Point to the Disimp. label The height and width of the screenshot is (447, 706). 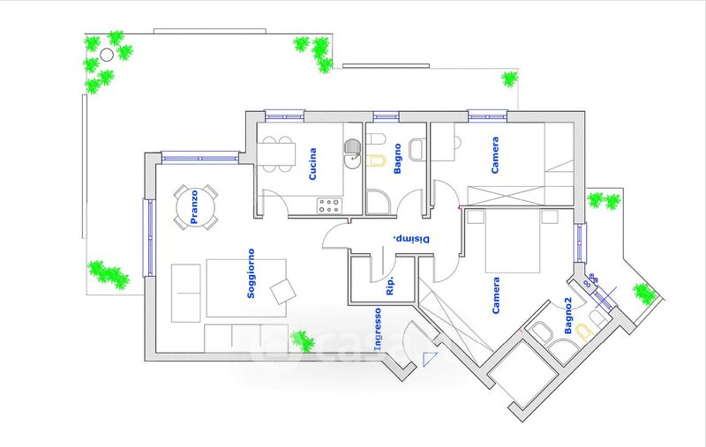click(x=411, y=238)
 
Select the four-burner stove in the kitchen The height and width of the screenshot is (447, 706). click(x=329, y=205)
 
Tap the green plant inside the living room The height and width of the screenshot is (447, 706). click(x=304, y=340)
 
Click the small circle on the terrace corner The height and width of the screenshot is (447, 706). click(x=107, y=54)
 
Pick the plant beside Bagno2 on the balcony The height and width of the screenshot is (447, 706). click(x=645, y=294)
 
